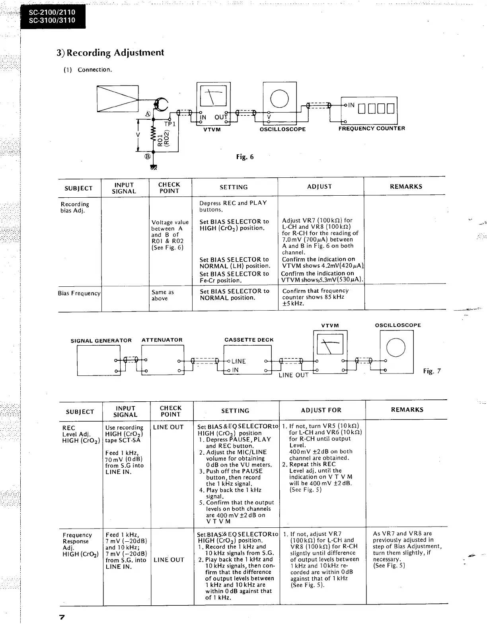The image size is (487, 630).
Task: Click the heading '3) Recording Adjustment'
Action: tap(110, 52)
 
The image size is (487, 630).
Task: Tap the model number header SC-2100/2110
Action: tap(52, 12)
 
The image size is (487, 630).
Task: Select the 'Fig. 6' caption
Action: tap(245, 157)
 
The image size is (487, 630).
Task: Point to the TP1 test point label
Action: tap(170, 124)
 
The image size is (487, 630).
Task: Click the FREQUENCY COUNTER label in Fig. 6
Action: tap(372, 128)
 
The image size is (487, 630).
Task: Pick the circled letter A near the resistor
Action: tap(148, 114)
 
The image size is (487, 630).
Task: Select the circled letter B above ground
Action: tap(148, 156)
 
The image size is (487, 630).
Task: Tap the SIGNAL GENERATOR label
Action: tap(101, 341)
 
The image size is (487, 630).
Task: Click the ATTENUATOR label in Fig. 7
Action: tap(162, 340)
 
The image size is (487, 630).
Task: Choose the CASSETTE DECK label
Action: tap(249, 340)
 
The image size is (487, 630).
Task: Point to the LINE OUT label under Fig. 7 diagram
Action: tap(294, 375)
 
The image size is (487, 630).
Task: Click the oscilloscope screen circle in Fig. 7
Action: tap(396, 346)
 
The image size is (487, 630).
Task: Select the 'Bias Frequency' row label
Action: tap(79, 293)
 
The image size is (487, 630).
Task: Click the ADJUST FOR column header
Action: tap(321, 410)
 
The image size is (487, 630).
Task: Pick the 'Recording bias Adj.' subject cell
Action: tap(75, 207)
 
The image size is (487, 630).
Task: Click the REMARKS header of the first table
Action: tap(406, 187)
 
